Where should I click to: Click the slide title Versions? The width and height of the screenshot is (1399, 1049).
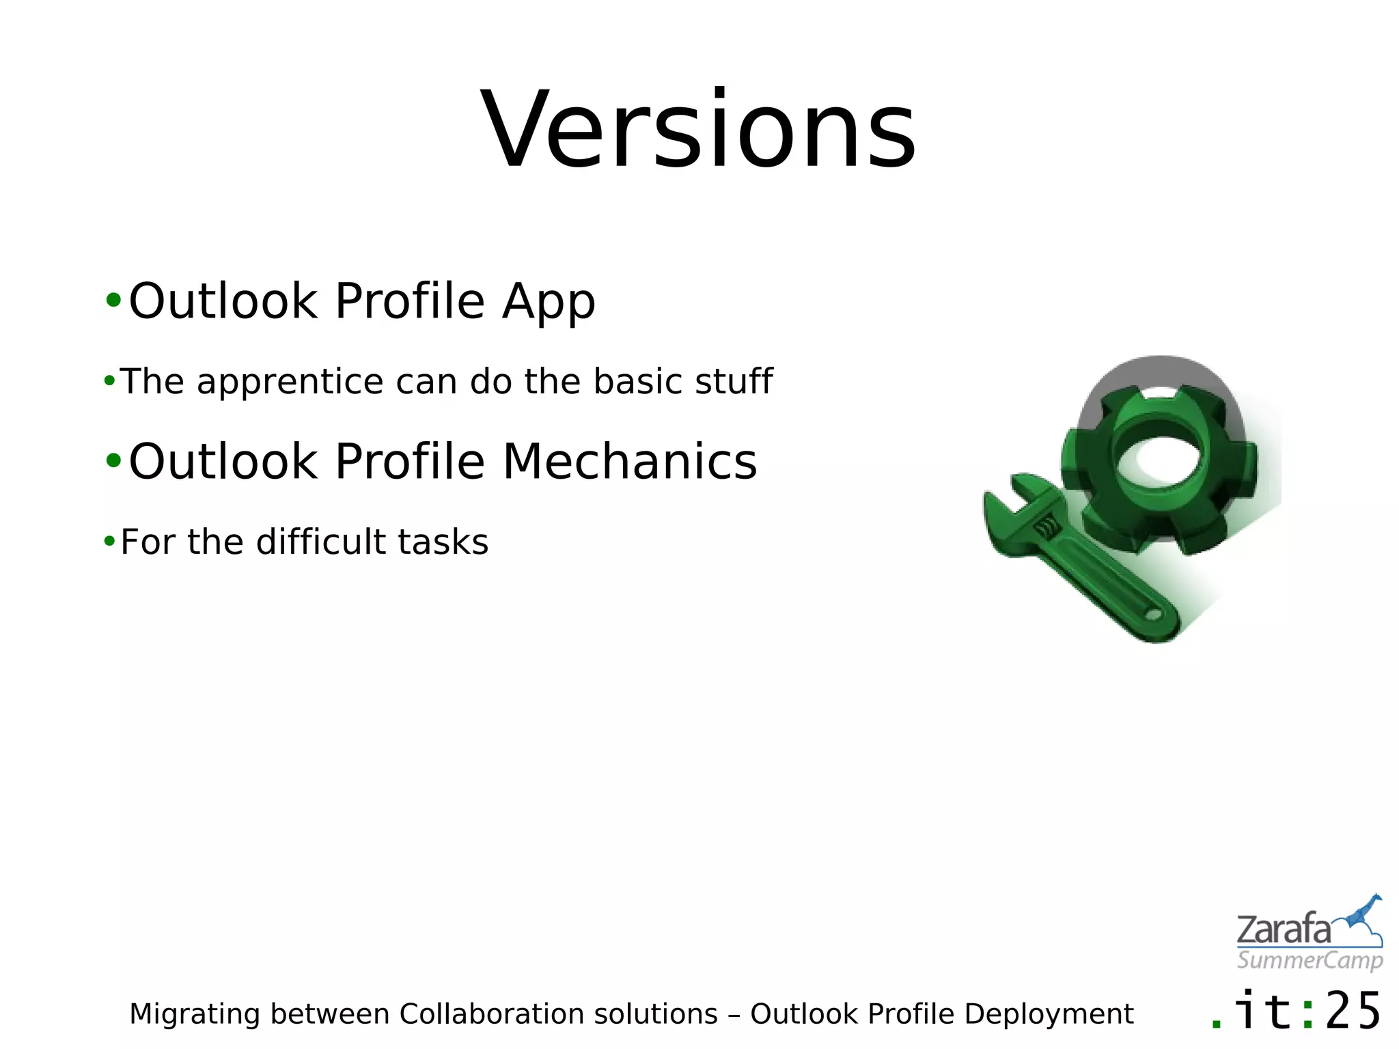tap(698, 130)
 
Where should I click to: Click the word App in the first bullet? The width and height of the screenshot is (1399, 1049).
tap(549, 302)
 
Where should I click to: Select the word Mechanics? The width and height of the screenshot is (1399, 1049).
tap(630, 462)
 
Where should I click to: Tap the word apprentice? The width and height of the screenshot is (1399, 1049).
tap(290, 382)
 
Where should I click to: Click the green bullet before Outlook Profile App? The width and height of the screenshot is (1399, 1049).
tap(113, 300)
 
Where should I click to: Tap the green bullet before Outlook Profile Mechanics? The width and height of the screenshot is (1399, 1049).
tap(113, 461)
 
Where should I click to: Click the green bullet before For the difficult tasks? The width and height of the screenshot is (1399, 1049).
tap(109, 542)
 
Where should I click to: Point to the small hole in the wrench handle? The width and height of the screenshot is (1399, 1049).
tap(1153, 615)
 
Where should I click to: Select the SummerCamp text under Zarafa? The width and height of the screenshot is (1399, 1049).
tap(1310, 961)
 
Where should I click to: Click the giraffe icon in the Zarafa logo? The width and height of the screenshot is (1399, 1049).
tap(1363, 915)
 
